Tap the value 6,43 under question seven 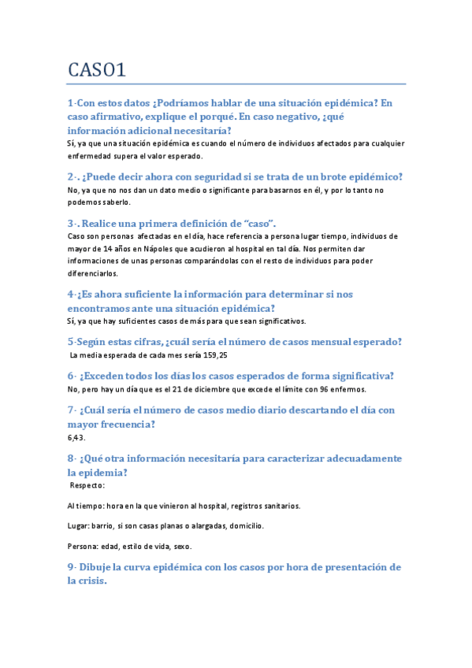click(76, 437)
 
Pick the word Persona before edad click(84, 546)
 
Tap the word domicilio click(241, 525)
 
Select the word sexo click(180, 546)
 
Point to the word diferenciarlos click(93, 273)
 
